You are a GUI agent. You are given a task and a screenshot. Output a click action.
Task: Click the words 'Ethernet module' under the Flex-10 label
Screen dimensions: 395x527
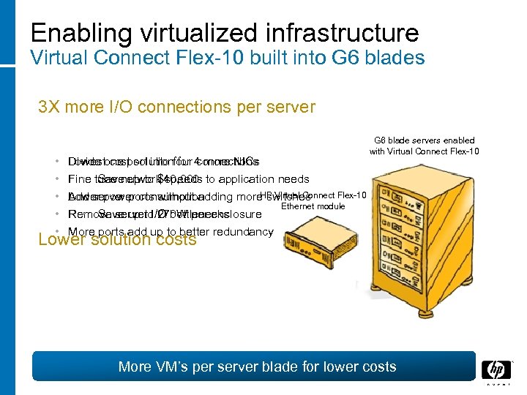click(x=313, y=206)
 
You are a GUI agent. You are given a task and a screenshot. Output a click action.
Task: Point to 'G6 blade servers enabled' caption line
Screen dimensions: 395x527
click(x=425, y=140)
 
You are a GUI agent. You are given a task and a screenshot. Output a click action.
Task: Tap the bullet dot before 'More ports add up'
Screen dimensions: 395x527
click(x=56, y=232)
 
